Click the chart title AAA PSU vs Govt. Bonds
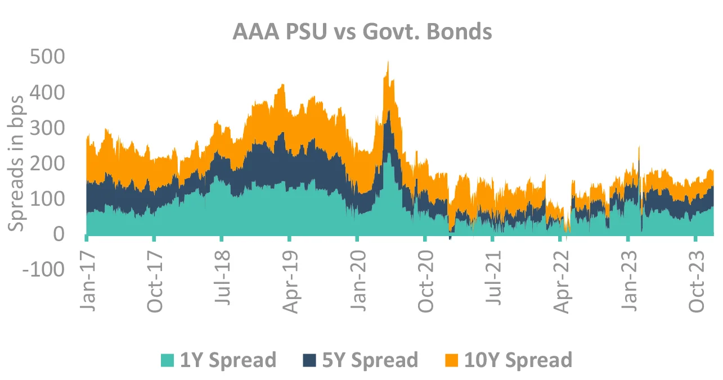tap(362, 32)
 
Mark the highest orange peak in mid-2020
tap(388, 62)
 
